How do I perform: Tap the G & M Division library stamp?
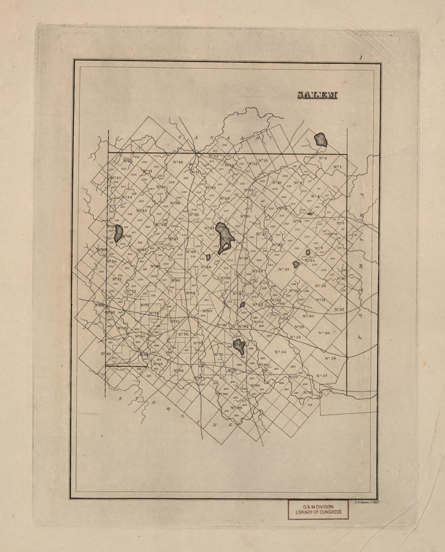tap(318, 509)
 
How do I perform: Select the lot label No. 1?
tap(337, 167)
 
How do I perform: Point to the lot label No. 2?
tap(322, 158)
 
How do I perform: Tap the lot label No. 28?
tap(324, 333)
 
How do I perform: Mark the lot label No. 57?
tap(322, 376)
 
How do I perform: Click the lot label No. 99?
tap(106, 354)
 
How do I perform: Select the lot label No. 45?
tap(141, 211)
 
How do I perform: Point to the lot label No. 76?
tap(183, 334)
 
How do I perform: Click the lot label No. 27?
tap(339, 310)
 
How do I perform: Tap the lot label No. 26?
tap(320, 286)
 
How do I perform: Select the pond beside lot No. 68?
tap(119, 233)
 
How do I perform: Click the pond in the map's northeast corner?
tap(321, 140)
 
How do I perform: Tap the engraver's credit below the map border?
tap(365, 503)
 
